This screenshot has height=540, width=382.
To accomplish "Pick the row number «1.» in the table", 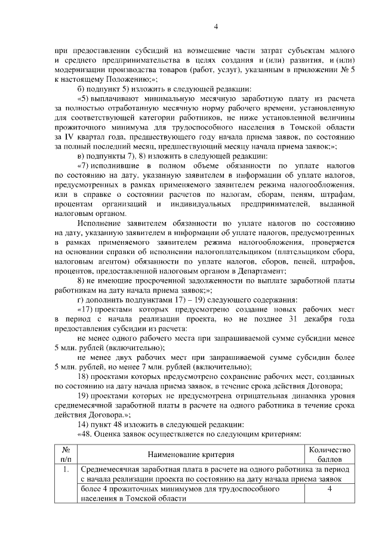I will (67, 471).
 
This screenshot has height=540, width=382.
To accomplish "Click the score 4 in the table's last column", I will (329, 489).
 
